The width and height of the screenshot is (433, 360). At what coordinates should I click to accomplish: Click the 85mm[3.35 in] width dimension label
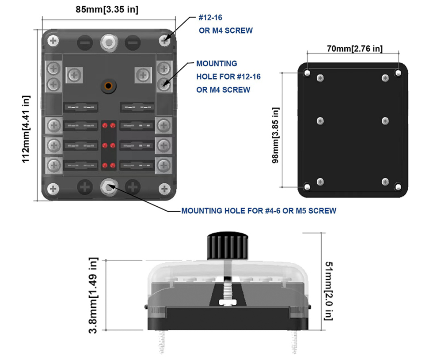coord(106,9)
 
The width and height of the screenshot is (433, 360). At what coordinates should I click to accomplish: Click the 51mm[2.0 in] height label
coord(329,291)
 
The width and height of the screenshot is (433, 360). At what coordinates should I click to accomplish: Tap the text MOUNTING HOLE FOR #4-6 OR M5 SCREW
coord(258,211)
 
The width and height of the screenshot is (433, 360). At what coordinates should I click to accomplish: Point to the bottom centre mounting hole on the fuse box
coord(108,187)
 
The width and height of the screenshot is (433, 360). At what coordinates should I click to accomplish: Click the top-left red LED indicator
coord(105,126)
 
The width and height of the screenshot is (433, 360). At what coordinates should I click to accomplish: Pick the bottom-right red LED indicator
coord(113,166)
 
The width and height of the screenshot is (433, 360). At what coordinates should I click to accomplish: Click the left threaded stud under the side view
coord(161,342)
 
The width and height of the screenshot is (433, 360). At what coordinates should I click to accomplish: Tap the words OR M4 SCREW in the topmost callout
coord(225,30)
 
